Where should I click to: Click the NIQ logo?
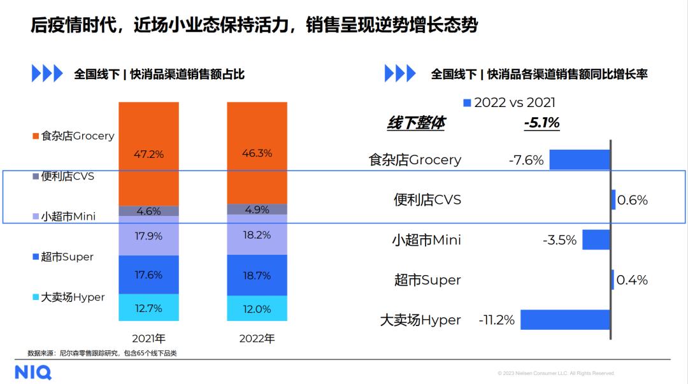(x=33, y=372)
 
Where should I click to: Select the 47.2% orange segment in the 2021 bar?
(x=148, y=153)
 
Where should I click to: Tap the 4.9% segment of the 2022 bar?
(x=257, y=210)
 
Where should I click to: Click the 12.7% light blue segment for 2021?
(x=148, y=308)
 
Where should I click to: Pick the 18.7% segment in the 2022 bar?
(x=257, y=275)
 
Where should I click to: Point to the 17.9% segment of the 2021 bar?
(x=148, y=236)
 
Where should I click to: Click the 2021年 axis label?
(x=148, y=338)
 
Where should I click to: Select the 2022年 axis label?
(x=257, y=338)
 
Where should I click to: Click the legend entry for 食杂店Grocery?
(x=73, y=136)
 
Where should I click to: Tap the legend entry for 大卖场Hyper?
(x=69, y=297)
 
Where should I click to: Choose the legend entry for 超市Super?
(x=63, y=257)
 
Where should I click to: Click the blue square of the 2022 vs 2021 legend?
(x=467, y=103)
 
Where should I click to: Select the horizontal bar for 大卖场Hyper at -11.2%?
(x=565, y=320)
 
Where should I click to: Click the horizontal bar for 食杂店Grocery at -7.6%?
(x=580, y=160)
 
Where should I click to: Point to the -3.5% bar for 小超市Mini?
(x=596, y=240)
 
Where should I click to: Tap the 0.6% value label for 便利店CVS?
(x=632, y=200)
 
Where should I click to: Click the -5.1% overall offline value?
(x=541, y=123)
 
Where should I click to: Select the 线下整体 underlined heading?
(x=416, y=123)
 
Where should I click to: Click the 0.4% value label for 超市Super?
(x=632, y=280)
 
